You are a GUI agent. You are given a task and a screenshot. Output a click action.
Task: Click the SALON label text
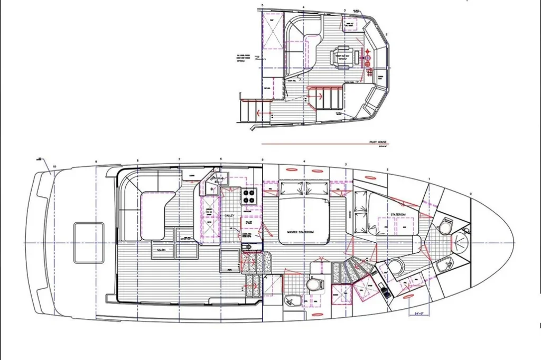161,250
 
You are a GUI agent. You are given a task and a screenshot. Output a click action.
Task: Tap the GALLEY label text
229,215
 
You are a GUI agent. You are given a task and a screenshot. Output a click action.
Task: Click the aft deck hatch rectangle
88,242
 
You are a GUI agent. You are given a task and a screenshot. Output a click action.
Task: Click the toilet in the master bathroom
315,285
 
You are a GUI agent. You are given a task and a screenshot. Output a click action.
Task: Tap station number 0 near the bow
471,193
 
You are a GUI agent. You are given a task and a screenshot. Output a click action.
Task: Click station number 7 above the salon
179,159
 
